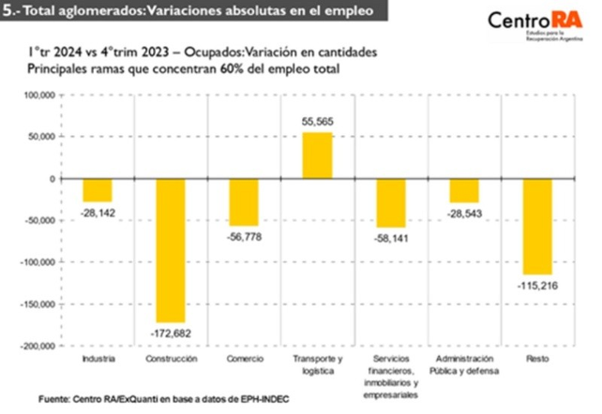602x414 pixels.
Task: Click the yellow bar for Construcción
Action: click(170, 250)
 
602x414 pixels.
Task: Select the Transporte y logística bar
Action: click(316, 155)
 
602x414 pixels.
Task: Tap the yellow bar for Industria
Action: click(97, 190)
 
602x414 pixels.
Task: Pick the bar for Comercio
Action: click(243, 202)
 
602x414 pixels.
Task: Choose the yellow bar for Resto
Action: click(537, 227)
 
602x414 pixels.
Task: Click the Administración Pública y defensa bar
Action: click(463, 190)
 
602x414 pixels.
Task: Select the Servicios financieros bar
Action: click(390, 203)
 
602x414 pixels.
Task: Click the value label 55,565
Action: click(317, 122)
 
